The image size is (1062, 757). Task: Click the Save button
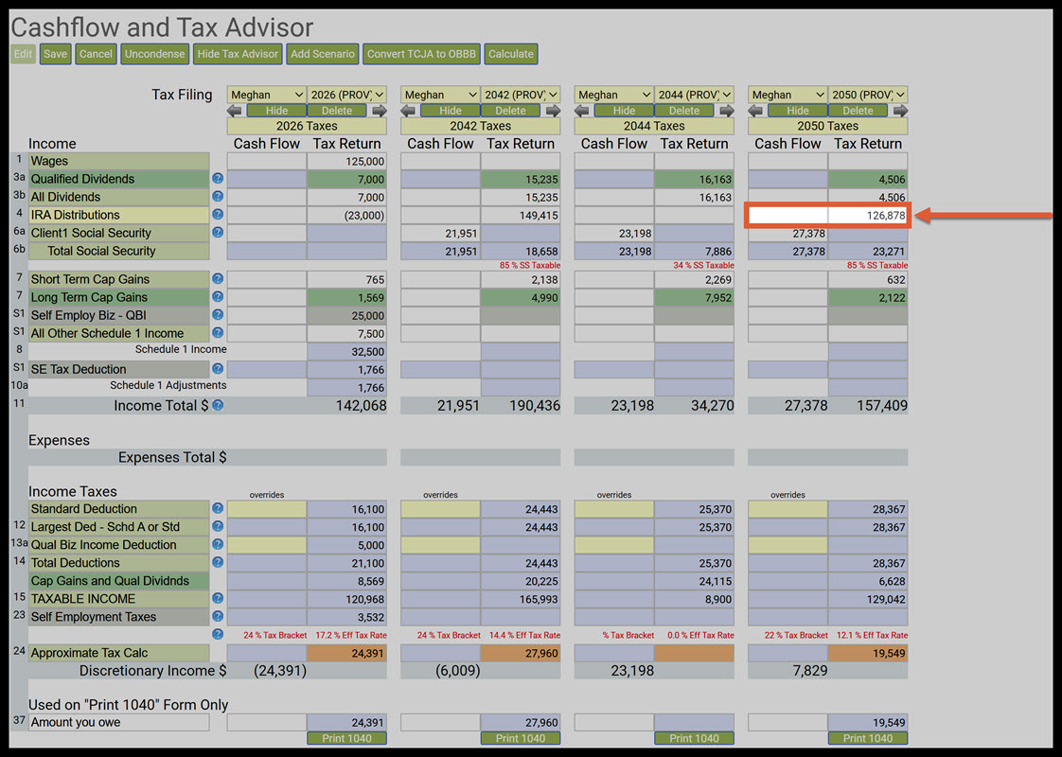pyautogui.click(x=56, y=54)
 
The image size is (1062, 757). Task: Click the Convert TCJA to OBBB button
pyautogui.click(x=421, y=54)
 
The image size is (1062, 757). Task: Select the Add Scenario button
pyautogui.click(x=323, y=54)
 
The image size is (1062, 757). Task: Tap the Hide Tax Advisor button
pyautogui.click(x=239, y=54)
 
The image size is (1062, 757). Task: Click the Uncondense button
pyautogui.click(x=155, y=54)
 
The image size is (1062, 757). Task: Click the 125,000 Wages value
pyautogui.click(x=346, y=162)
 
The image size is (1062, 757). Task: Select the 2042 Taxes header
pyautogui.click(x=480, y=126)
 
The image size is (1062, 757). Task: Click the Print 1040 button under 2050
pyautogui.click(x=867, y=738)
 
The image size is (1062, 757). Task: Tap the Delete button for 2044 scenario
pyautogui.click(x=684, y=111)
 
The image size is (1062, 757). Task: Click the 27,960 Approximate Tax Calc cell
pyautogui.click(x=520, y=653)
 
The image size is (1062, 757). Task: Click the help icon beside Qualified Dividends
pyautogui.click(x=218, y=179)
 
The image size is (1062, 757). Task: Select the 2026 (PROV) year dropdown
pyautogui.click(x=346, y=95)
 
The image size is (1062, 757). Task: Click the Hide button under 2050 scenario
pyautogui.click(x=798, y=111)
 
